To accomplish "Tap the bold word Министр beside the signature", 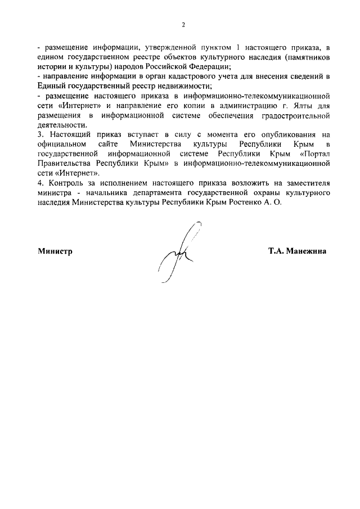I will pyautogui.click(x=55, y=251).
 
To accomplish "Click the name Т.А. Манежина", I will pyautogui.click(x=297, y=251).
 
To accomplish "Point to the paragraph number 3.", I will pyautogui.click(x=39, y=135).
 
